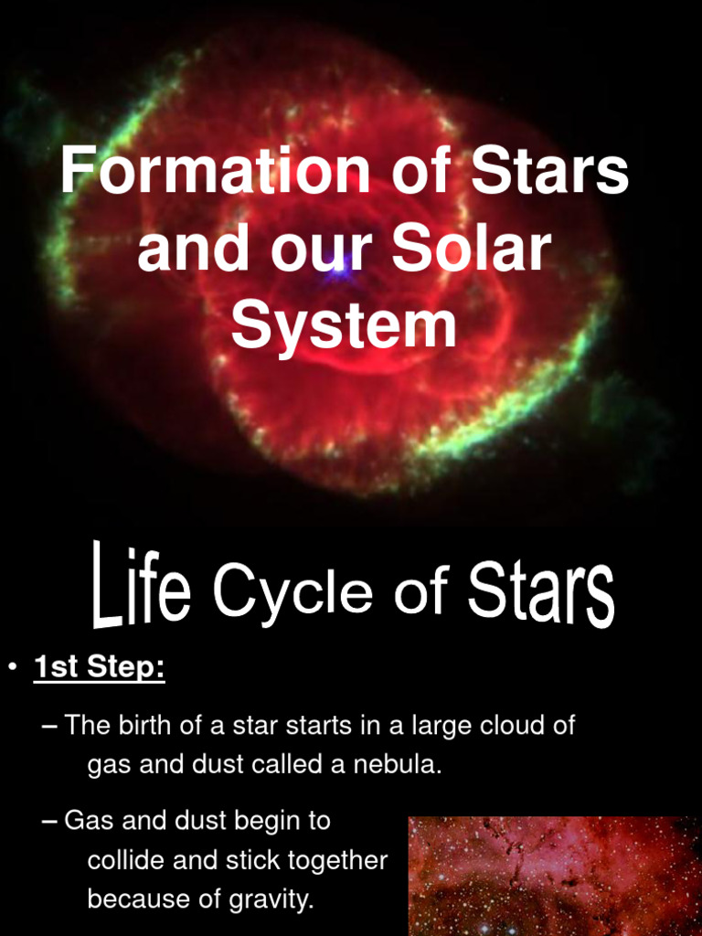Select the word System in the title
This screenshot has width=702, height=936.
point(344,326)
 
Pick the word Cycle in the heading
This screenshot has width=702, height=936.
point(292,591)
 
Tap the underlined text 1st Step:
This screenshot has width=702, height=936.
point(99,668)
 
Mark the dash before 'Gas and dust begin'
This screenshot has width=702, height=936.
point(50,821)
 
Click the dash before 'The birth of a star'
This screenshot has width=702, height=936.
point(50,728)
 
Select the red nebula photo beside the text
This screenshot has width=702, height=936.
point(553,875)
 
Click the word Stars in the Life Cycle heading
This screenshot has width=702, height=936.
point(540,591)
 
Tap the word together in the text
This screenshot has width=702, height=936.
point(338,860)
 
